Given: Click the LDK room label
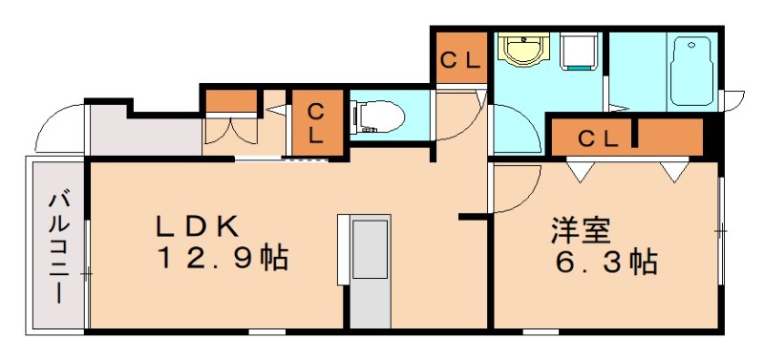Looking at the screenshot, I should tap(198, 226).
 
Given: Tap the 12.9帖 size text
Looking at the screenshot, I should tap(223, 258).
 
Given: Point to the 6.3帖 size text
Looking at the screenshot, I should tap(607, 261).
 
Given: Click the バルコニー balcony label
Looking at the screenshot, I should tap(58, 245).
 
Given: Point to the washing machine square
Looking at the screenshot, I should tap(579, 53).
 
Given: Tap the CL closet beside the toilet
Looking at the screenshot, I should tap(314, 121).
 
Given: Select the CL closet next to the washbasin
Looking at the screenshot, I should tap(459, 59).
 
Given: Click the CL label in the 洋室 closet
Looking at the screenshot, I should tap(599, 138).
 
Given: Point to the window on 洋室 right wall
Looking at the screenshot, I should tap(721, 230).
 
